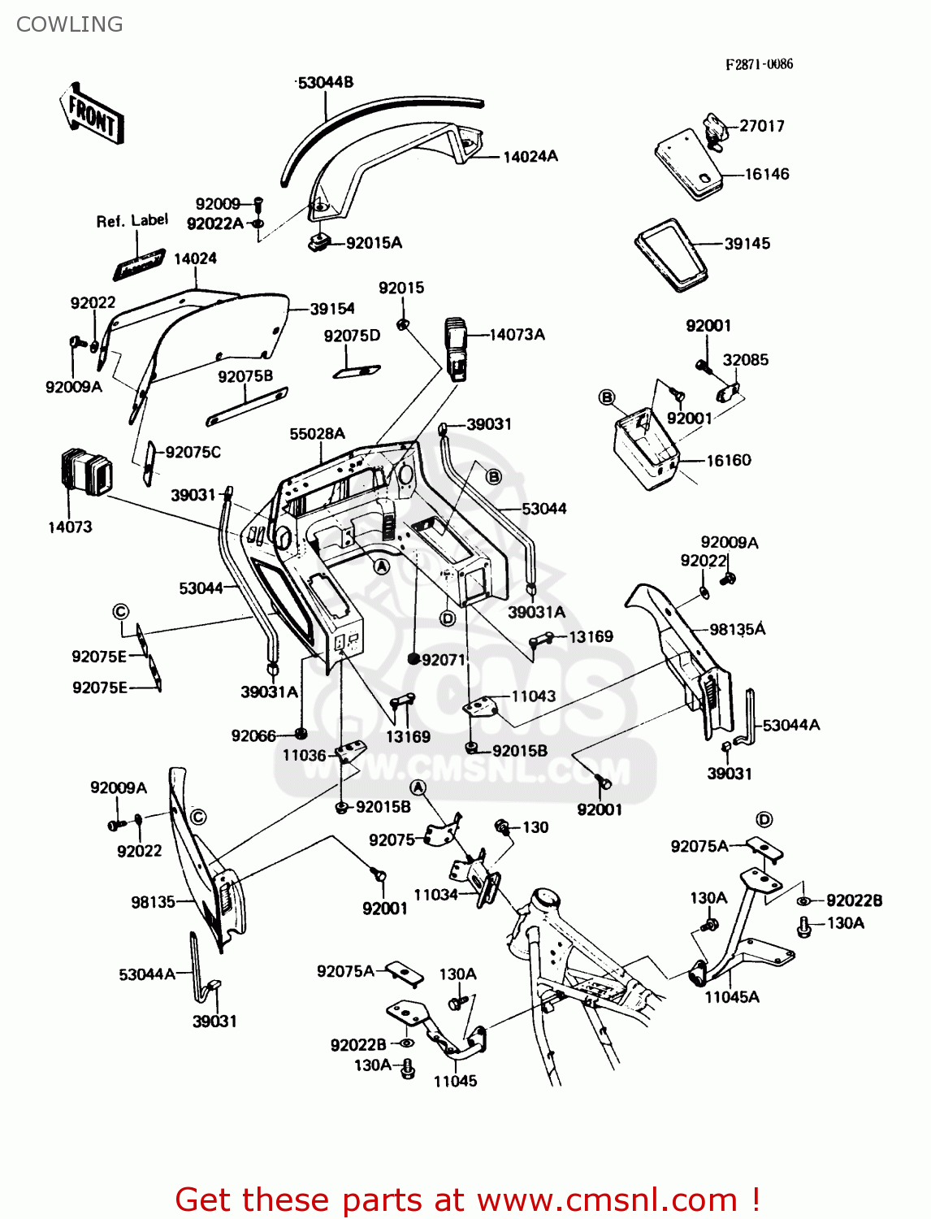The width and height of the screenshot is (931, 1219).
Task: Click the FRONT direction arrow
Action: click(x=92, y=115)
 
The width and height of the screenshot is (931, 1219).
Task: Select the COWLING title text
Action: click(x=70, y=24)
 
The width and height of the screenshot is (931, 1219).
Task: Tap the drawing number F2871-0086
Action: click(x=759, y=64)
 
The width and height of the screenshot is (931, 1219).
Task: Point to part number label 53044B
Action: click(x=325, y=83)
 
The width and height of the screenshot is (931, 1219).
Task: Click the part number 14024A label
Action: click(x=530, y=157)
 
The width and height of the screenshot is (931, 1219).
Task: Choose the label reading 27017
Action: click(x=762, y=126)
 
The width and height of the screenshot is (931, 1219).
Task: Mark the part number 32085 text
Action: click(x=745, y=360)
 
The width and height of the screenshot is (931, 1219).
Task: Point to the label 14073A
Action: click(x=517, y=335)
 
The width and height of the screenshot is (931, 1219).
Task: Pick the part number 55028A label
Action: click(x=317, y=434)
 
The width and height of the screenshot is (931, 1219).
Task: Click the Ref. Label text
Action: click(x=132, y=221)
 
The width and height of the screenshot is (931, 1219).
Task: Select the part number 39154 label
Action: click(x=332, y=309)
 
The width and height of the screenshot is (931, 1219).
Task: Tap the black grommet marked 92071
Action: click(x=414, y=659)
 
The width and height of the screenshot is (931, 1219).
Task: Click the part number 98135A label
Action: click(x=737, y=629)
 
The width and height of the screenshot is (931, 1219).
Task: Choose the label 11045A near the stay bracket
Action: click(x=731, y=997)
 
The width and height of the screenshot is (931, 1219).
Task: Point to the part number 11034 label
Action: click(x=436, y=895)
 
